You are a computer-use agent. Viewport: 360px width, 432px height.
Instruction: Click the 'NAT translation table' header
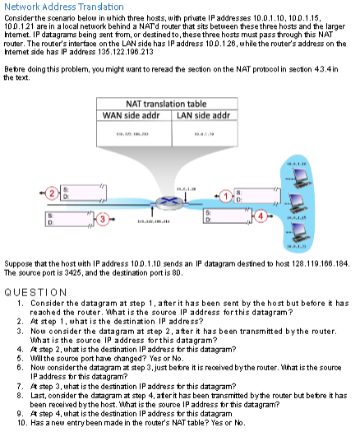point(154,104)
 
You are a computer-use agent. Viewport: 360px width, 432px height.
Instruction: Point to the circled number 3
point(102,218)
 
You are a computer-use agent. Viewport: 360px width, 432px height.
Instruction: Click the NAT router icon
point(168,202)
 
